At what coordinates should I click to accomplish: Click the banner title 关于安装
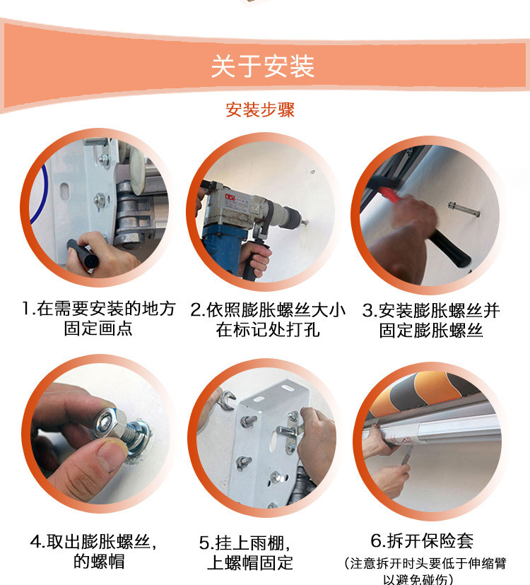[x=262, y=66]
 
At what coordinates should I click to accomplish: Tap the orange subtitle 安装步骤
[x=260, y=110]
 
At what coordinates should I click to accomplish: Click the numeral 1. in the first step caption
[x=28, y=309]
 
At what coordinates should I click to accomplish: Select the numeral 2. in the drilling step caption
[x=197, y=310]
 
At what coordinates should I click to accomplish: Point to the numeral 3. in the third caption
[x=370, y=311]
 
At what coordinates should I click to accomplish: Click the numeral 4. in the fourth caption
[x=38, y=542]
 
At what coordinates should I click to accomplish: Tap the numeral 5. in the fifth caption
[x=206, y=543]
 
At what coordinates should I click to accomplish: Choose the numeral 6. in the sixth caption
[x=378, y=540]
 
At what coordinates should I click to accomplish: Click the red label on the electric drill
[x=230, y=197]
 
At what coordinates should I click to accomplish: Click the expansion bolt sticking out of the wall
[x=464, y=209]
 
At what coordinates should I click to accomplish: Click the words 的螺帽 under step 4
[x=99, y=562]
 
